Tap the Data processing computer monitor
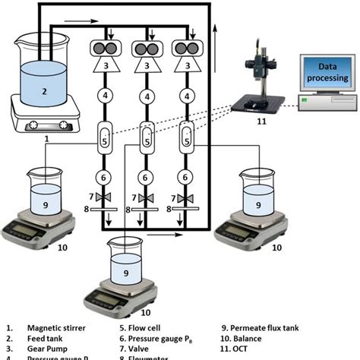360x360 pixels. point(328,73)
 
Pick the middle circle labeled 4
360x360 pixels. point(146,96)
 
